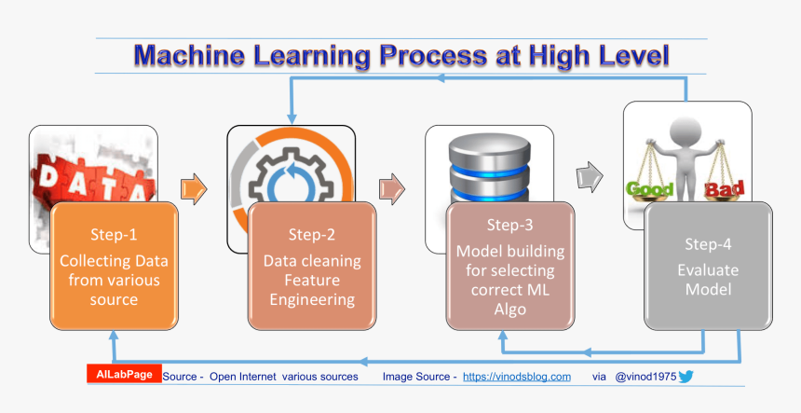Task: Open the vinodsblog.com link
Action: (516, 377)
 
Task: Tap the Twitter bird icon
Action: (686, 377)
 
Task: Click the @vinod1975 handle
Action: (645, 377)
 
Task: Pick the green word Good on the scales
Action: (650, 189)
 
